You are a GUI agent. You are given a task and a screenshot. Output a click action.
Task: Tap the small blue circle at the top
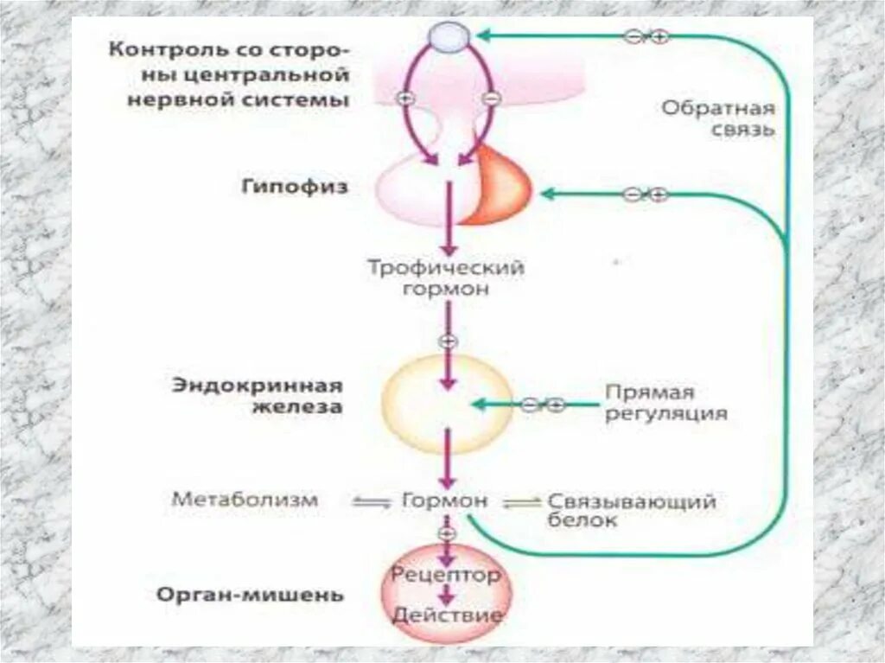click(448, 36)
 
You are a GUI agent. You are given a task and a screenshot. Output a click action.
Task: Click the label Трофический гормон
click(447, 278)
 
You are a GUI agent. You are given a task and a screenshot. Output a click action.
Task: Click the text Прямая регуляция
click(663, 404)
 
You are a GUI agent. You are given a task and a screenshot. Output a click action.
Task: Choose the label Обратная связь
click(718, 119)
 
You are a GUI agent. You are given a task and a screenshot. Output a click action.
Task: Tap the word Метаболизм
click(245, 500)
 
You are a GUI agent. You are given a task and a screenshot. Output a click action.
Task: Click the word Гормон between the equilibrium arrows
click(445, 500)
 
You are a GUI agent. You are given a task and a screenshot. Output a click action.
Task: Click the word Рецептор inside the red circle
click(446, 573)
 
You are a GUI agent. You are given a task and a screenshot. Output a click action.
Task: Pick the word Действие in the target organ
click(447, 615)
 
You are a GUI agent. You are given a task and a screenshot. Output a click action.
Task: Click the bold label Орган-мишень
click(251, 595)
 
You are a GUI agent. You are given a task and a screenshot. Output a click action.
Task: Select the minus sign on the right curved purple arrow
click(489, 98)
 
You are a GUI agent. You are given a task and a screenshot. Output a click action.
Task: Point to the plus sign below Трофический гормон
click(447, 341)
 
